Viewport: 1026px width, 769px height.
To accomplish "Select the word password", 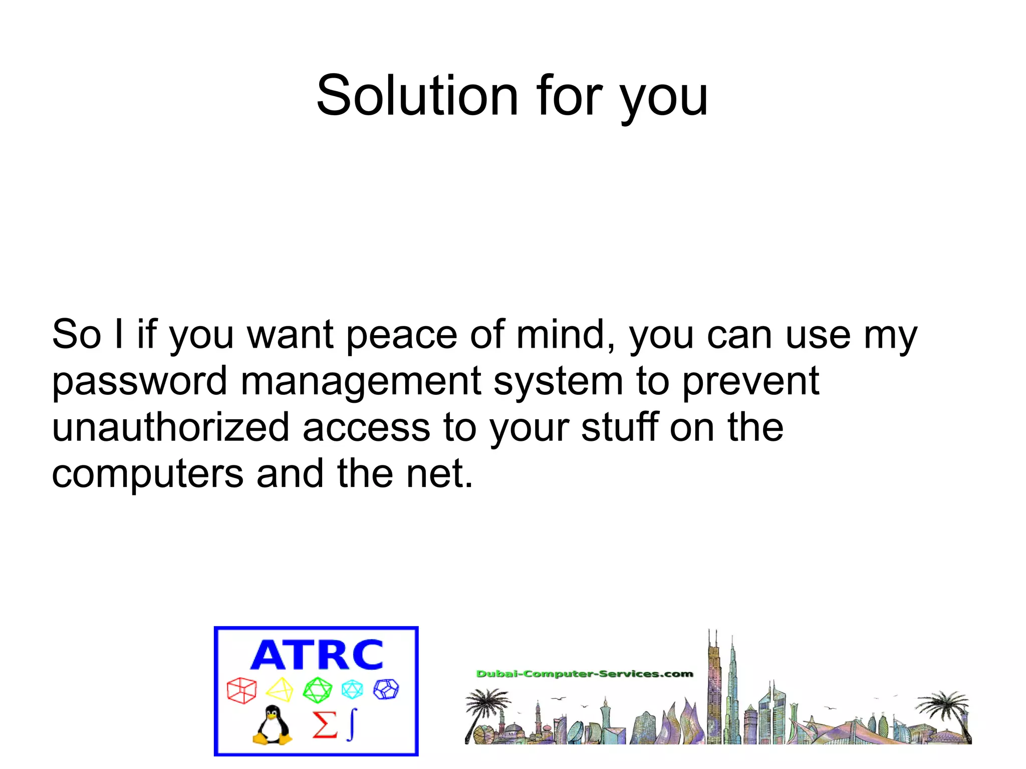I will click(x=140, y=382).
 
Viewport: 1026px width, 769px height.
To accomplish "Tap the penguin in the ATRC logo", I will click(x=272, y=725).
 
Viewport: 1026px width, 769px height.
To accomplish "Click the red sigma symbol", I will click(x=324, y=724).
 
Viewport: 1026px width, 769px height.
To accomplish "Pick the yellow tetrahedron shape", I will click(x=280, y=690).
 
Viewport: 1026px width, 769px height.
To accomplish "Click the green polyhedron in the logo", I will click(x=317, y=690).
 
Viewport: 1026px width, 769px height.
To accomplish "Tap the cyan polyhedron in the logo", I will click(x=352, y=689).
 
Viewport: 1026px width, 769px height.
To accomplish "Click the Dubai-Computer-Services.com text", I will click(x=584, y=674).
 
